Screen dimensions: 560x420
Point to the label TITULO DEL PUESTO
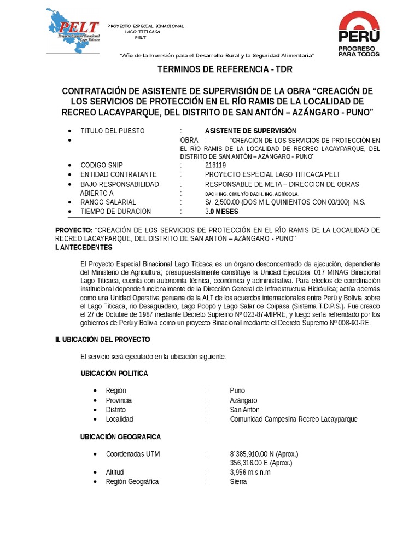pos(113,131)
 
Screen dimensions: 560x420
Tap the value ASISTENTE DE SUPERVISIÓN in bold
pos(250,131)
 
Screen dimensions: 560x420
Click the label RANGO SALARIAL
pos(108,202)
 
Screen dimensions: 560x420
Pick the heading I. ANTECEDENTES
pos(84,247)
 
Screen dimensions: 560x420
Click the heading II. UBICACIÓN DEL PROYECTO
pos(102,340)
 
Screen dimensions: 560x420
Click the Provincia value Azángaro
pos(244,400)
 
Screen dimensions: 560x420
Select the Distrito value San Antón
pos(245,410)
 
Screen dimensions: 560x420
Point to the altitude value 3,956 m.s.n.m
pos(250,472)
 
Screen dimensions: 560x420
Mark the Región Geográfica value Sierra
pos(238,481)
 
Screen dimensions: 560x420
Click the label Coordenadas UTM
pos(133,454)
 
